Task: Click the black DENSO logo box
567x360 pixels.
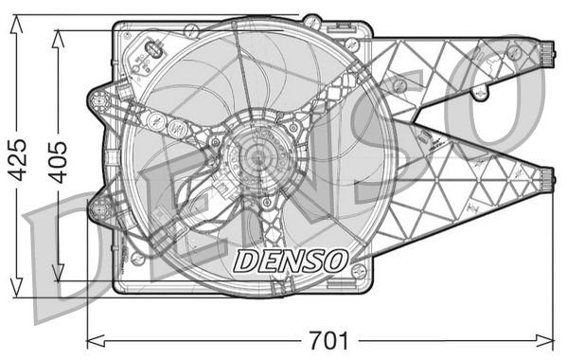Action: [290, 257]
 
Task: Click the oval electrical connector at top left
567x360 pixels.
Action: [151, 52]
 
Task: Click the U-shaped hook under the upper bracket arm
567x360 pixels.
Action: [481, 93]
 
